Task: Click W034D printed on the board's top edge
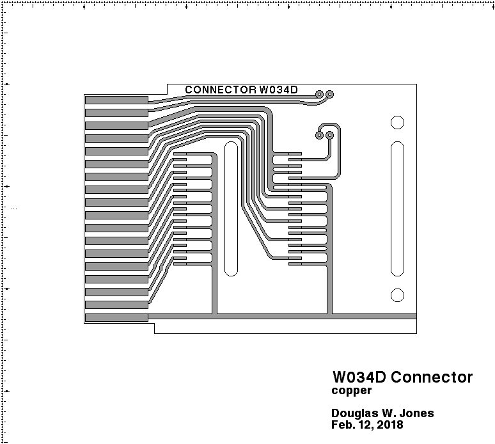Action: [279, 90]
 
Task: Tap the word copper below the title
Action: [351, 390]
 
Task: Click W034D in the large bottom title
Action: [359, 377]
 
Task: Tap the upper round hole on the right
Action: [397, 122]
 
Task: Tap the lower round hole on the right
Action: [397, 295]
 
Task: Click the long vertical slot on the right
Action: [397, 209]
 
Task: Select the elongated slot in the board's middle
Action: [231, 209]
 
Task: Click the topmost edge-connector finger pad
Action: [116, 100]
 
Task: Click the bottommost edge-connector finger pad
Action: [116, 317]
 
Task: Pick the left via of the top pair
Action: [319, 95]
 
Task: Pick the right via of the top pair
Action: [330, 95]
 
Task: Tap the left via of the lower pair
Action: [319, 135]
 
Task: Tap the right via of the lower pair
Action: [330, 135]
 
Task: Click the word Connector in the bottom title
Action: [432, 377]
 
